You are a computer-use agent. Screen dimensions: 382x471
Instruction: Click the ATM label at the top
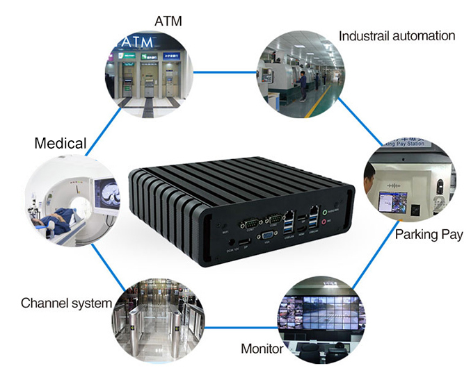pyautogui.click(x=168, y=21)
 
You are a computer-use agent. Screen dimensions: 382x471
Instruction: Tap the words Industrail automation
pyautogui.click(x=397, y=35)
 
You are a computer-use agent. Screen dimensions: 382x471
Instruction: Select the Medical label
pyautogui.click(x=61, y=144)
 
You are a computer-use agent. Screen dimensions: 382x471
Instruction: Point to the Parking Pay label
pyautogui.click(x=429, y=234)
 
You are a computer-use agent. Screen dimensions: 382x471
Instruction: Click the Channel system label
pyautogui.click(x=66, y=303)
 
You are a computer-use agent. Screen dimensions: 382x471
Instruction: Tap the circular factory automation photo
pyautogui.click(x=300, y=74)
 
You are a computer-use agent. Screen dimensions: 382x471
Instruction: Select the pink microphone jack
pyautogui.click(x=322, y=223)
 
